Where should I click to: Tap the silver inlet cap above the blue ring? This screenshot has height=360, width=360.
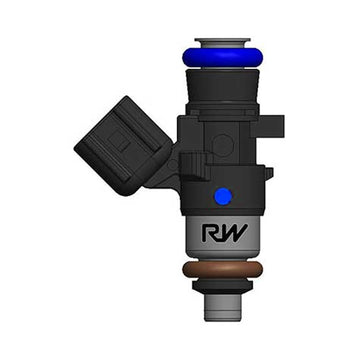click(x=222, y=42)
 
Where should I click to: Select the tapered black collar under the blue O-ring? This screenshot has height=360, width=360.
click(x=222, y=84)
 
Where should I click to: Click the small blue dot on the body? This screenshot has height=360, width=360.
click(x=222, y=195)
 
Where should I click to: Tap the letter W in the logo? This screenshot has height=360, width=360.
click(x=235, y=237)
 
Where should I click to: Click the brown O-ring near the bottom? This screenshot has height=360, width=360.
click(x=222, y=270)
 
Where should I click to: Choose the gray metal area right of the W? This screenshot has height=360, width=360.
click(x=254, y=238)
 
